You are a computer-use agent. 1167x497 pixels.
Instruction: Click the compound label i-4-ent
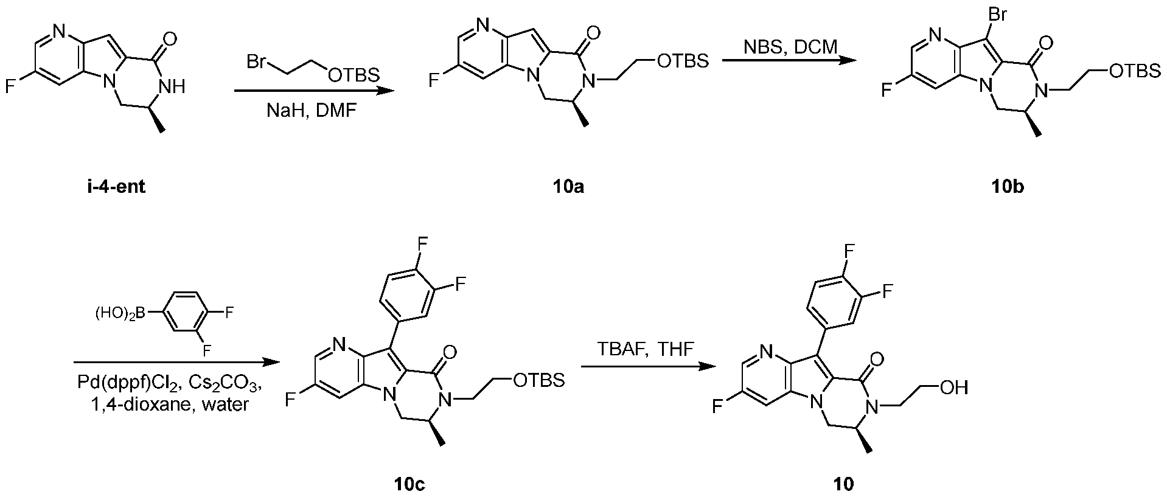pos(115,186)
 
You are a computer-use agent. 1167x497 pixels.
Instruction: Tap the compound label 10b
pos(1007,187)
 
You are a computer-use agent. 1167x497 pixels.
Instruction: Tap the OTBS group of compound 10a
pos(683,61)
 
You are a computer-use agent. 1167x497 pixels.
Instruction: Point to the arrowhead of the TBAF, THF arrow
pos(706,366)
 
